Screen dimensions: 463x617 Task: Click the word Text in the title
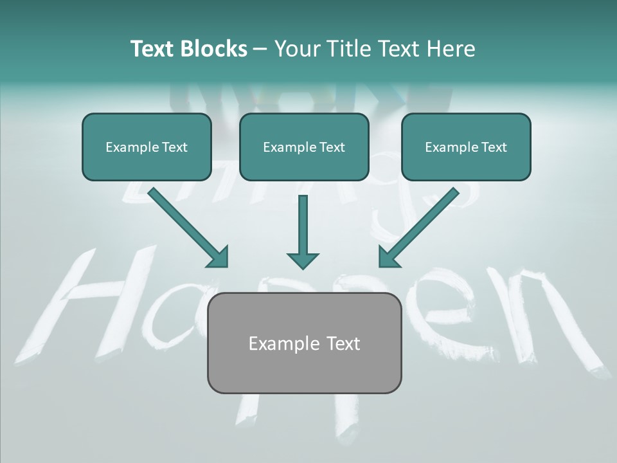tap(152, 49)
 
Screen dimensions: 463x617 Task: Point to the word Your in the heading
tap(296, 49)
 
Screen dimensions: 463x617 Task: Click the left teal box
tap(147, 147)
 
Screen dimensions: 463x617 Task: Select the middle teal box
tap(304, 147)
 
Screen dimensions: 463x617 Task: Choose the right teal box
tap(466, 147)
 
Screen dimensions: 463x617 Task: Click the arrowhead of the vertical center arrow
tap(303, 259)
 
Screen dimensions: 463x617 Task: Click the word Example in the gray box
tap(277, 343)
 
